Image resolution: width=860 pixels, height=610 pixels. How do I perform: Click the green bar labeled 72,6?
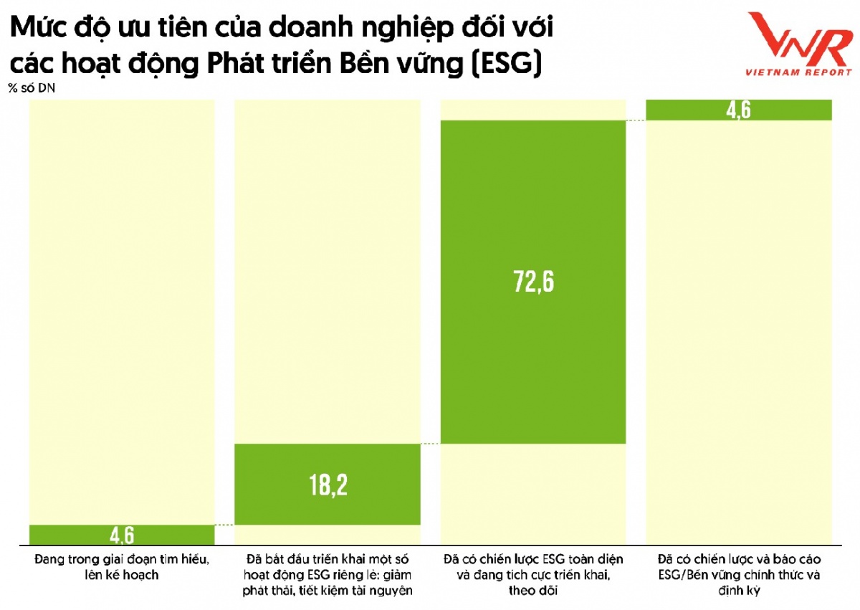pyautogui.click(x=532, y=215)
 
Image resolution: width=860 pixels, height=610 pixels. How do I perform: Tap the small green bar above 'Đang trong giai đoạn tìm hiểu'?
pyautogui.click(x=72, y=535)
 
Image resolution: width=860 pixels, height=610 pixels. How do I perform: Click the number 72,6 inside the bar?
pyautogui.click(x=532, y=282)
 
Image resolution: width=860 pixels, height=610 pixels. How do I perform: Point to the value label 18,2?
pyautogui.click(x=328, y=485)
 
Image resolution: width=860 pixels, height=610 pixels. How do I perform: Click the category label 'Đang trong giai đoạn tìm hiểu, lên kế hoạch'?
pyautogui.click(x=121, y=566)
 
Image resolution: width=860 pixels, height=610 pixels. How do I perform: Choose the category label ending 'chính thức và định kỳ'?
pyautogui.click(x=739, y=575)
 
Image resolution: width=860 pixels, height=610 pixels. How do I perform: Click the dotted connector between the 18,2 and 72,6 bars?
pyautogui.click(x=430, y=444)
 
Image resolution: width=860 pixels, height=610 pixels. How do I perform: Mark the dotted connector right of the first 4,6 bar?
pyautogui.click(x=225, y=525)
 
